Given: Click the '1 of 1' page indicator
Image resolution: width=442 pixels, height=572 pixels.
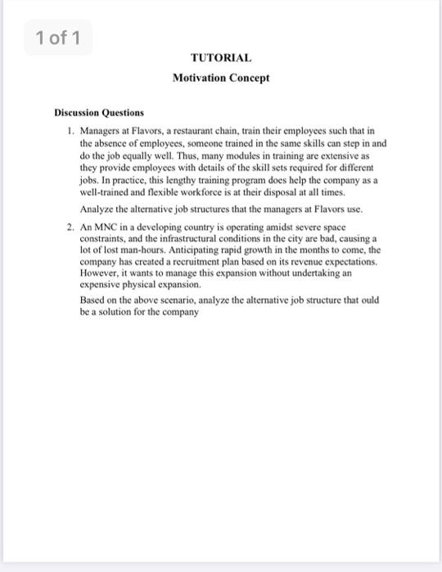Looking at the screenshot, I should (x=58, y=38).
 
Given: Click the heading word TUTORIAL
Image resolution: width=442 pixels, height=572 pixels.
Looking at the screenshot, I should (x=221, y=58).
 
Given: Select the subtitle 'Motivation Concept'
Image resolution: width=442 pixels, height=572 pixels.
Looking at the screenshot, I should (x=221, y=78).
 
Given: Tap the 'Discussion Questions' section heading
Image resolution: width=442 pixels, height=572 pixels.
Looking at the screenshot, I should (x=99, y=112).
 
